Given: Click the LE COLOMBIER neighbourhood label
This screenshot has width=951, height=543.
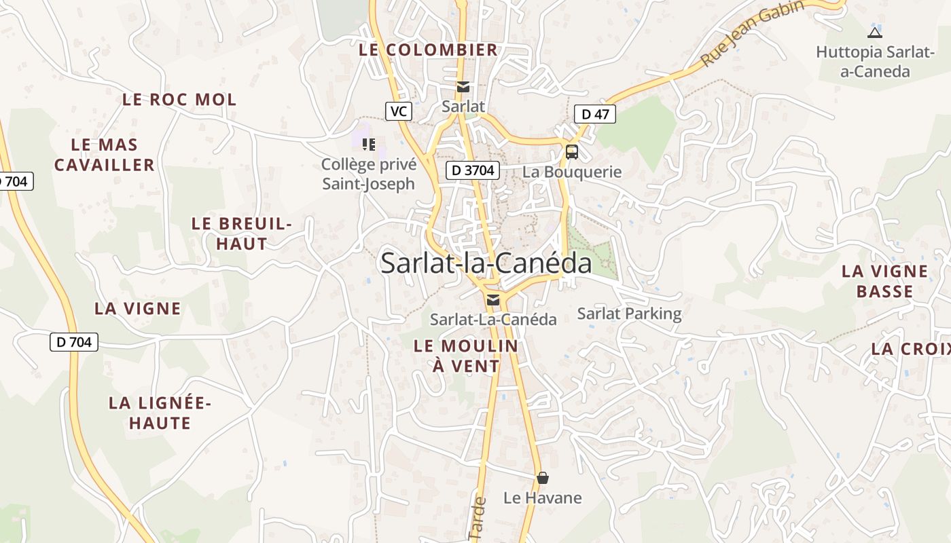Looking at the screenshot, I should pos(429,50).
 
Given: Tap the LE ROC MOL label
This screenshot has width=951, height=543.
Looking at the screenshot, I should pos(179,100).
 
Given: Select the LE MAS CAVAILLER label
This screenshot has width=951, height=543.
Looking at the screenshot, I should pos(105,155).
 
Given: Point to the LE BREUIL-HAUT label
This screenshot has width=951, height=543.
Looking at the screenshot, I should pos(242,233).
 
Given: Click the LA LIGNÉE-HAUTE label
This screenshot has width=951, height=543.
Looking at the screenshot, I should pos(160,413).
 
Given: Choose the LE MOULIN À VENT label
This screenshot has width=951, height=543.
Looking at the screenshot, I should pos(466,356).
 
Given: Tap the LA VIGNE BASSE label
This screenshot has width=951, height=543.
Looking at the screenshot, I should pos(884,281).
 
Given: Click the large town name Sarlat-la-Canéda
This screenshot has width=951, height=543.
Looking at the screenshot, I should pos(486,263).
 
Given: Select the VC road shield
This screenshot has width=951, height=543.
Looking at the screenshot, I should pos(399,111).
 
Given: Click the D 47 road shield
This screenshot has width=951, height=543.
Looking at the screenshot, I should pos(595,114).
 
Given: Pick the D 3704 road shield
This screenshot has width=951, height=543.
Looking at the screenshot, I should pos(473,170).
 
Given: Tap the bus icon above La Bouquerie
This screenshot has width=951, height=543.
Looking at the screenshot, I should pos(572,151).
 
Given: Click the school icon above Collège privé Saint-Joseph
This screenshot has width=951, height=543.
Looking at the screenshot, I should pos(369,144).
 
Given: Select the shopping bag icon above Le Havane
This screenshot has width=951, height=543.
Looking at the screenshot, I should pos(542,478).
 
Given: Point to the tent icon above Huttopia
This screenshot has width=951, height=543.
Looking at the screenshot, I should pos(875,32).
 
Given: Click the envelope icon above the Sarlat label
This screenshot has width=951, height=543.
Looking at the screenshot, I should pos(463,87).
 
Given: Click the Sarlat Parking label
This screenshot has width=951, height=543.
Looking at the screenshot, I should pos(629,314).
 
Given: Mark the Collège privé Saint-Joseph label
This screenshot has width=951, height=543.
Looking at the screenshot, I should pos(368,174).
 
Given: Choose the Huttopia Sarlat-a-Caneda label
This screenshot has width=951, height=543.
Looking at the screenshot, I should pos(875,61).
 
